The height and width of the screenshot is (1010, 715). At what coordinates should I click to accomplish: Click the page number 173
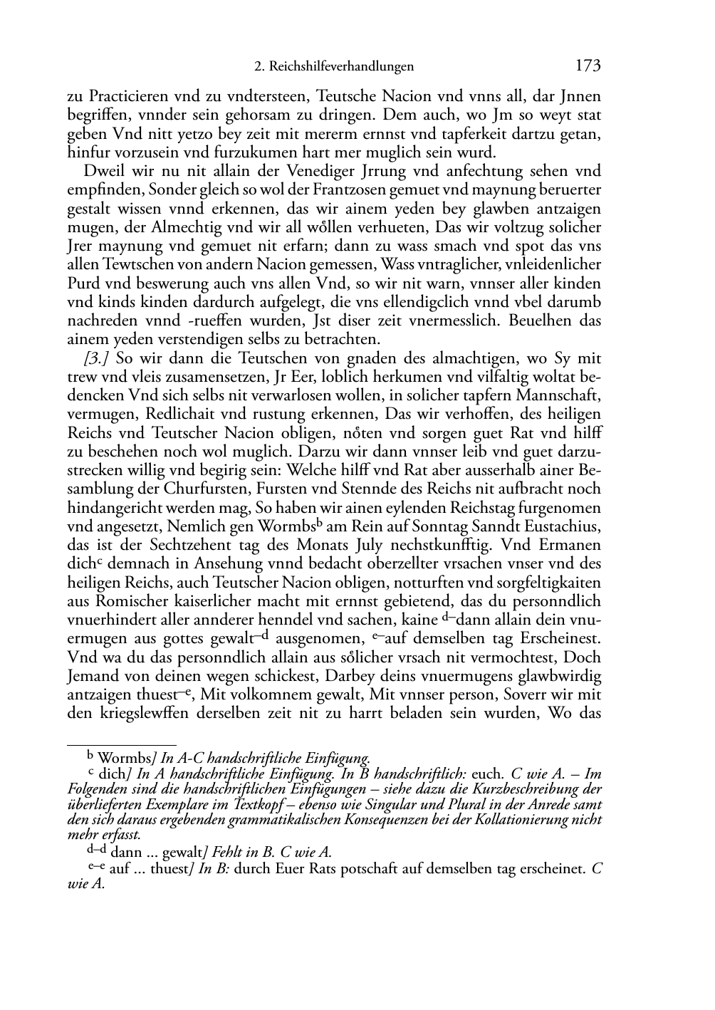point(588,66)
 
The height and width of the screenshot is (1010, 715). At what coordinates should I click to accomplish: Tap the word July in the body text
point(383,545)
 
